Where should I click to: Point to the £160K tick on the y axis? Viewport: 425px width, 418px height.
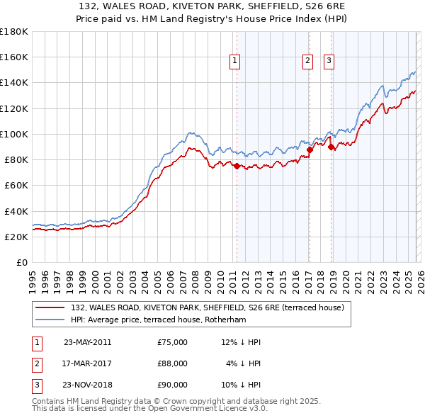pos(14,57)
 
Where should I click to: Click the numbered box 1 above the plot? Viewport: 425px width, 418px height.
pos(234,62)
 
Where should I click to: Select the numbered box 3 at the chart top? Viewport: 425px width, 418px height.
pos(329,62)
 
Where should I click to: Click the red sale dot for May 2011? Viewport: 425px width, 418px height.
pos(237,166)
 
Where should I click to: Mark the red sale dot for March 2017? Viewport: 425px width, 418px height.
pos(310,149)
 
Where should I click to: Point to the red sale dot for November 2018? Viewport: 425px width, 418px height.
pos(331,147)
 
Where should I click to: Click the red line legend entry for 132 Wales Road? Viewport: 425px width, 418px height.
pos(208,307)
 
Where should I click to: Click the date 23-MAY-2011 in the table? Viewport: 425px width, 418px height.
pos(87,342)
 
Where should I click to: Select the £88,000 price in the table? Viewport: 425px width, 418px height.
pos(173,363)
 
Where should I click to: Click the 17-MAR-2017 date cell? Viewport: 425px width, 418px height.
pos(87,363)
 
